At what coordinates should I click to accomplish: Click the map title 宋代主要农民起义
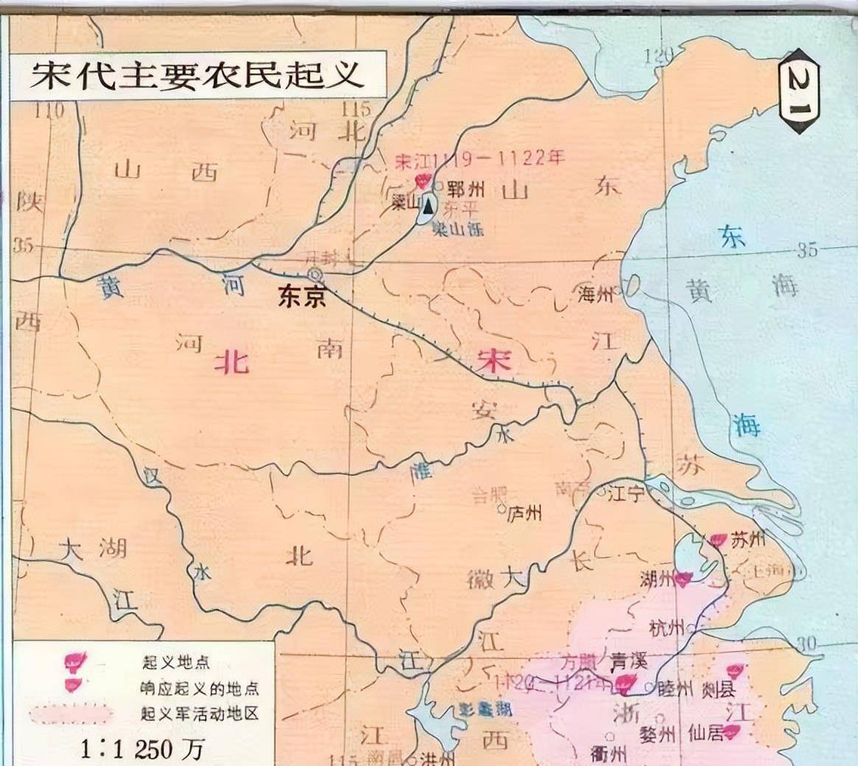(x=197, y=76)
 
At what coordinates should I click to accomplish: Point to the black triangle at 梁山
(x=428, y=206)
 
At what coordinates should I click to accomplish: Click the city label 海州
(x=596, y=295)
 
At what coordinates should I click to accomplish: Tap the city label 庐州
(x=526, y=512)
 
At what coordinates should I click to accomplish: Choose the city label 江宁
(x=626, y=494)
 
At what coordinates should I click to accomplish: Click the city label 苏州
(x=747, y=540)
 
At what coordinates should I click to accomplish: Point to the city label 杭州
(x=666, y=629)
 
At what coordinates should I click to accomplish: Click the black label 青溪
(x=628, y=661)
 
